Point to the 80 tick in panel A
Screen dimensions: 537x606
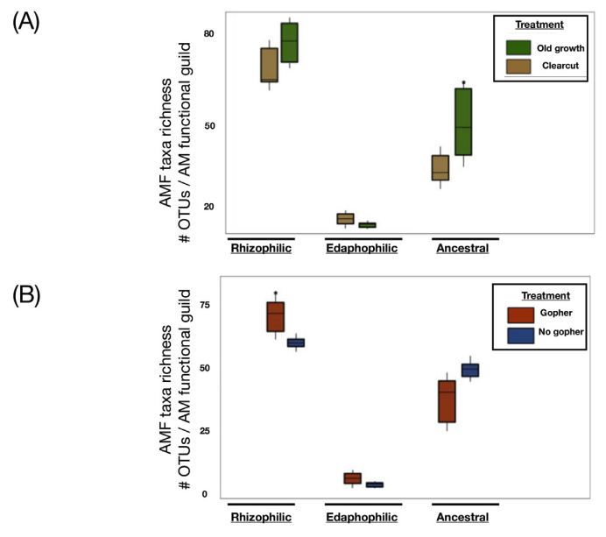coord(208,33)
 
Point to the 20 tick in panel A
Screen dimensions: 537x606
coord(208,207)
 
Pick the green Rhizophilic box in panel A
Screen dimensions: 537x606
coord(289,43)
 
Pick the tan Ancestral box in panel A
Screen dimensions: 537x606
coord(440,167)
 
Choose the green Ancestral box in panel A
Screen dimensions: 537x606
coord(463,122)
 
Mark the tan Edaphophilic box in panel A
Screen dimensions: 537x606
coord(345,218)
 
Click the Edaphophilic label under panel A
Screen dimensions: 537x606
coord(363,249)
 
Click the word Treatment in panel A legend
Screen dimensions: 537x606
coord(539,25)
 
